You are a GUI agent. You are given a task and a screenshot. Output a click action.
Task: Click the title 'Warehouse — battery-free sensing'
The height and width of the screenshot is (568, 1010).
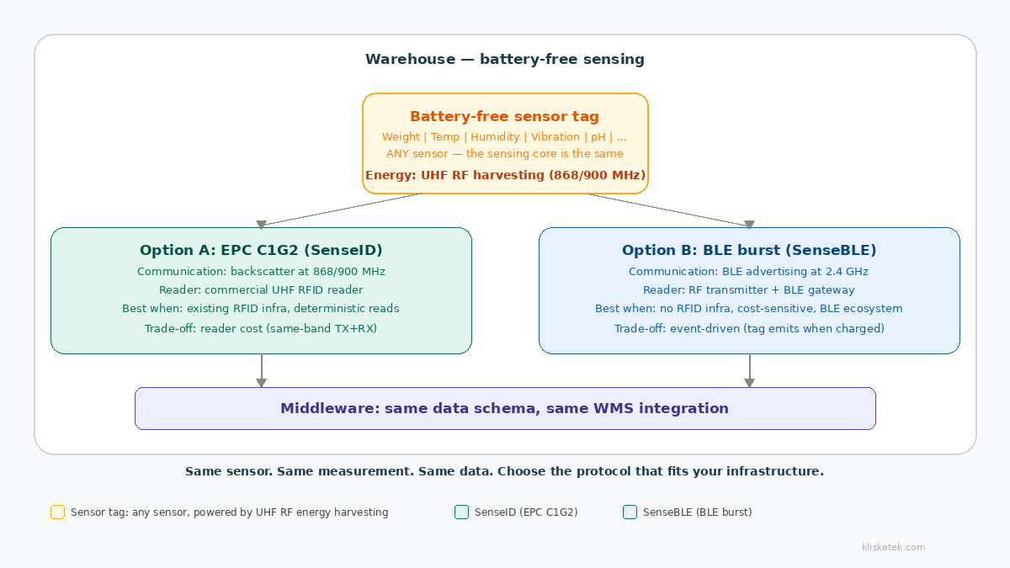point(504,60)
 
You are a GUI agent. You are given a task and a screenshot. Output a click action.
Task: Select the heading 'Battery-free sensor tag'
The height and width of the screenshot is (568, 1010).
point(504,117)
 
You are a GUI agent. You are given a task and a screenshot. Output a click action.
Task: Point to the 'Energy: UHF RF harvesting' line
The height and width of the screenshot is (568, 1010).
point(505,175)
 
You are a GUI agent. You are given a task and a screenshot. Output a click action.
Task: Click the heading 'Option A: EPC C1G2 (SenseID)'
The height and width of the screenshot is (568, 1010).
point(261,251)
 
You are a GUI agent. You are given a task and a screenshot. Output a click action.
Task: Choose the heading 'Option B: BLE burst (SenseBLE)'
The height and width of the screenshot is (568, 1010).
point(749,251)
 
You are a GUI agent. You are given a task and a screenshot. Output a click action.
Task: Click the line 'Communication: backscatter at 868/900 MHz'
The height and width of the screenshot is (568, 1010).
point(261,272)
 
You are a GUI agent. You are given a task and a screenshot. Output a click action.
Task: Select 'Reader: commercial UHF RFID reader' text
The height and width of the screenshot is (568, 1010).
point(261,290)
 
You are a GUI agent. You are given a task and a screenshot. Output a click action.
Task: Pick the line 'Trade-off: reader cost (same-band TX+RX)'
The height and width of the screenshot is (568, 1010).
point(261,329)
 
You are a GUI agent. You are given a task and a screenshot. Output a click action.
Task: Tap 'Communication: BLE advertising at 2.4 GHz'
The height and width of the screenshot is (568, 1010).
point(748,272)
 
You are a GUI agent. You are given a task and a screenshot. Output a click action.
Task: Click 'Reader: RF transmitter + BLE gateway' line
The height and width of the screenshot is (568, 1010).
point(749,290)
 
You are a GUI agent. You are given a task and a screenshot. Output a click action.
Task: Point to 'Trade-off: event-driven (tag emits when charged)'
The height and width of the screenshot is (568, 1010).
point(749,329)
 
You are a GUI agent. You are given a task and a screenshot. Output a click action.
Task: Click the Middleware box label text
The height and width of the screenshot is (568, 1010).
point(504,409)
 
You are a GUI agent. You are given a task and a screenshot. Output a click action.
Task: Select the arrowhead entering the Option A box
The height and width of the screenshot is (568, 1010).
point(261,224)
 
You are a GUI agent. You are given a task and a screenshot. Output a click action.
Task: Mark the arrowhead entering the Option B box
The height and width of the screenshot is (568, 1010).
point(749,224)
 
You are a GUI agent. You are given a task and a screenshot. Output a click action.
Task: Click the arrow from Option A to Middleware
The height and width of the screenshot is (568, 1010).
point(261,370)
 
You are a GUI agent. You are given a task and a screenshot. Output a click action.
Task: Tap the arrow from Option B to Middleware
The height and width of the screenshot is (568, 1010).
point(749,370)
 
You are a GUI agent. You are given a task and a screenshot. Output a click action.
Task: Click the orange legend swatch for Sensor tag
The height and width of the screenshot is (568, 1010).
point(57,512)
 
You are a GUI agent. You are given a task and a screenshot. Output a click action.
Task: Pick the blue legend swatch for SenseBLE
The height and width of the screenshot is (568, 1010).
point(630,512)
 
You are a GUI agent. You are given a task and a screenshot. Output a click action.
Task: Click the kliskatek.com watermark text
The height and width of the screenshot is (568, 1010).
point(893,548)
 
